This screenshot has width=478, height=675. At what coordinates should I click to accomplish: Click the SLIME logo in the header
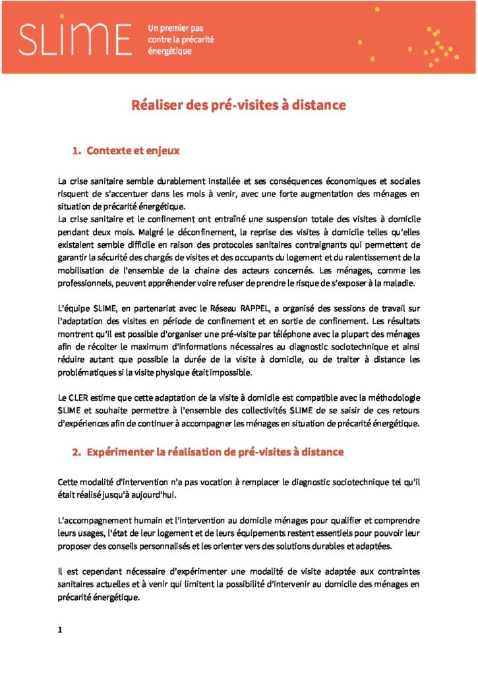(74, 38)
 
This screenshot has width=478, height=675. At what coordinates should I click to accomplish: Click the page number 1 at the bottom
(60, 630)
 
